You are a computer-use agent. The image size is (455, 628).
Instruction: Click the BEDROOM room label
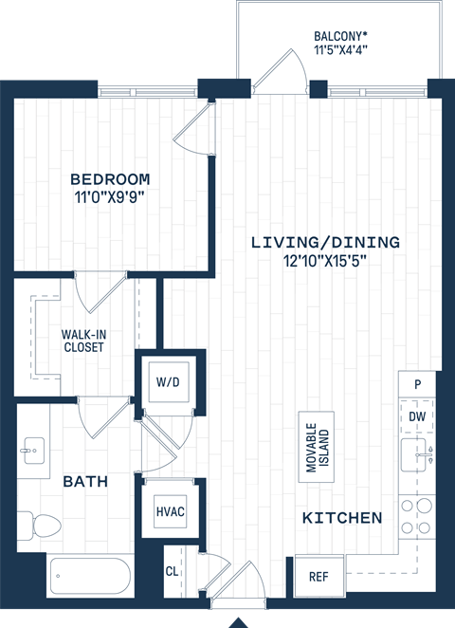pyautogui.click(x=111, y=178)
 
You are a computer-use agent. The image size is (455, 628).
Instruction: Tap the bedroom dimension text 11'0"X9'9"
pyautogui.click(x=111, y=197)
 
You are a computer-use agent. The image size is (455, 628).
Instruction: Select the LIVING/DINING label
pyautogui.click(x=325, y=242)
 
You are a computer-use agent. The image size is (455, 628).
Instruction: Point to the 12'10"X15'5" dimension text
pyautogui.click(x=325, y=261)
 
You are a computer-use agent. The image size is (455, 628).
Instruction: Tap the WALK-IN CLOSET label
pyautogui.click(x=82, y=341)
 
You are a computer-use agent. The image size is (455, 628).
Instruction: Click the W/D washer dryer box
pyautogui.click(x=168, y=381)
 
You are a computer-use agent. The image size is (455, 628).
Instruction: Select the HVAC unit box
pyautogui.click(x=170, y=511)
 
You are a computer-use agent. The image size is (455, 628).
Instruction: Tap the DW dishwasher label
pyautogui.click(x=418, y=416)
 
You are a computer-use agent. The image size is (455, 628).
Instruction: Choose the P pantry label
pyautogui.click(x=417, y=384)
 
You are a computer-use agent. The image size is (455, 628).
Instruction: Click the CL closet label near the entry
pyautogui.click(x=172, y=571)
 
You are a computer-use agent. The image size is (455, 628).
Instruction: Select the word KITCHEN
pyautogui.click(x=342, y=518)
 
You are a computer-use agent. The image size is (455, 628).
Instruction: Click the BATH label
pyautogui.click(x=85, y=482)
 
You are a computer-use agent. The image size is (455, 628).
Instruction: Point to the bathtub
pyautogui.click(x=90, y=574)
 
